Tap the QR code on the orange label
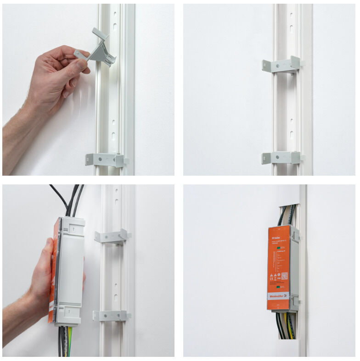coord(284,276)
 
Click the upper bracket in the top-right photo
coord(281,66)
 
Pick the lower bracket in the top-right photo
coord(281,157)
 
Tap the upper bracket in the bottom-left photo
coord(112,236)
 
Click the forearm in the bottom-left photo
coord(18,326)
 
